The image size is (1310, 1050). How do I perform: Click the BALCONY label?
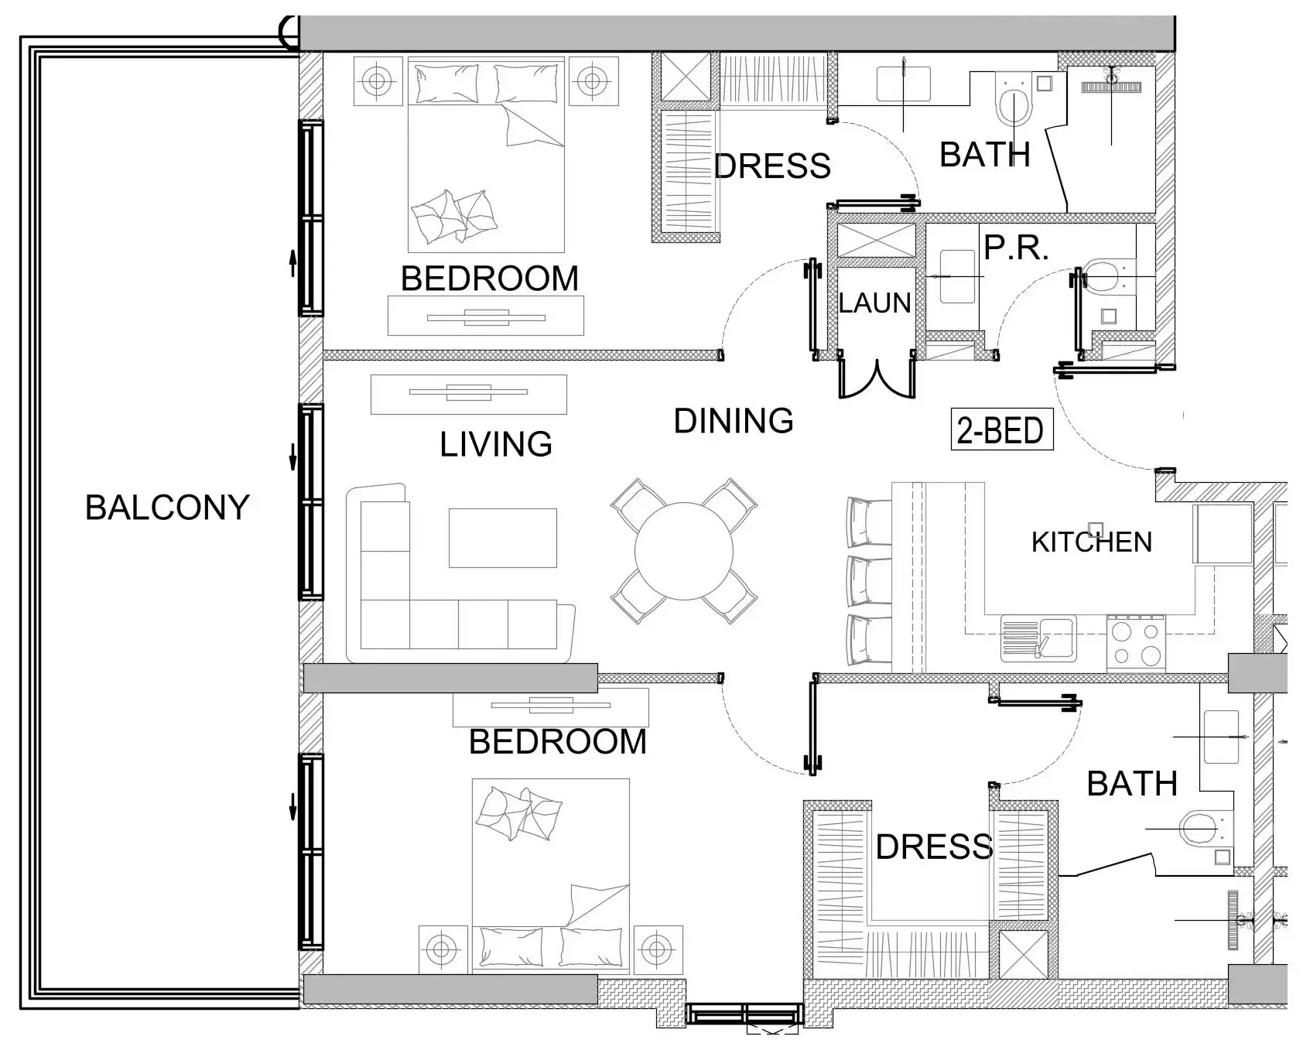click(x=167, y=508)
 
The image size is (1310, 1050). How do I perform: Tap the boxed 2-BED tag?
click(x=1001, y=430)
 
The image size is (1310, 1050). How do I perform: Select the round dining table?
click(x=683, y=551)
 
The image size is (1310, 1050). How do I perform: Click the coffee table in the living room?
click(x=502, y=538)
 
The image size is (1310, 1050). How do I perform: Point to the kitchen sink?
click(x=1038, y=638)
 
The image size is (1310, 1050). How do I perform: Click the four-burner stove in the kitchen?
click(x=1136, y=642)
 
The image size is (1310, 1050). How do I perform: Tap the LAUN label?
click(x=875, y=303)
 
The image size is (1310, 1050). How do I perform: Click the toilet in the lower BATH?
click(x=1200, y=829)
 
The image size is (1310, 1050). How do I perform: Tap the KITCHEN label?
click(x=1092, y=542)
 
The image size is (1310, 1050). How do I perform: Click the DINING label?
click(x=734, y=421)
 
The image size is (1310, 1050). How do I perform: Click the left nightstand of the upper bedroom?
click(x=377, y=80)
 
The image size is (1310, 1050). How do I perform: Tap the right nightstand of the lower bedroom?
click(x=657, y=947)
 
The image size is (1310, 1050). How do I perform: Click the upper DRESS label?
click(x=771, y=166)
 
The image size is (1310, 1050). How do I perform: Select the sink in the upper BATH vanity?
click(x=904, y=83)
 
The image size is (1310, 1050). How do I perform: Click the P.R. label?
click(x=1016, y=248)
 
